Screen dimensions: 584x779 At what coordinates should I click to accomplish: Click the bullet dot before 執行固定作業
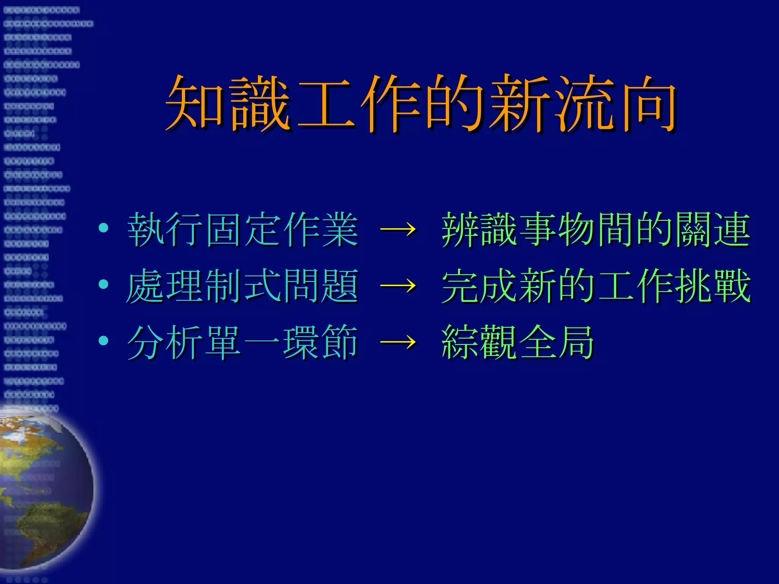click(x=103, y=228)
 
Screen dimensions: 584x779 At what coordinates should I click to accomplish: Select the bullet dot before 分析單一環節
click(x=103, y=341)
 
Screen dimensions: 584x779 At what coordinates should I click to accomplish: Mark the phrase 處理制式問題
click(x=243, y=286)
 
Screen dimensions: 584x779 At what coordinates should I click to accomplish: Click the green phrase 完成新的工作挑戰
click(x=596, y=286)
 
